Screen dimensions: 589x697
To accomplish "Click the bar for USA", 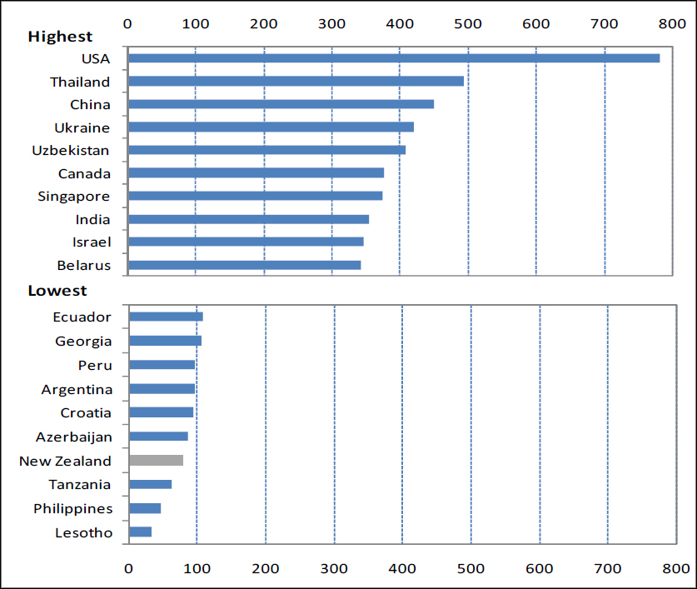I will (x=393, y=58).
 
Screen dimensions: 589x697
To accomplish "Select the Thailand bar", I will (x=296, y=81).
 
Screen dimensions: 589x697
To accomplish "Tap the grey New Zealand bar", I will (x=156, y=460).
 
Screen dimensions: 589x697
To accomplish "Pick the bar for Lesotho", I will (x=140, y=532).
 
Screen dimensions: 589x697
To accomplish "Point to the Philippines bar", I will (x=145, y=508).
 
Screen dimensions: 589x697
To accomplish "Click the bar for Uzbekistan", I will (x=266, y=150).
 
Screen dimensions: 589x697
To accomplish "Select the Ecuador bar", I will (x=166, y=317).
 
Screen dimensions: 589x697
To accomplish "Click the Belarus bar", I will (x=244, y=265).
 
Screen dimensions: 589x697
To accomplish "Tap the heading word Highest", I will (x=60, y=37).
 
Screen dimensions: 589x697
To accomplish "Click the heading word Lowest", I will (x=57, y=291).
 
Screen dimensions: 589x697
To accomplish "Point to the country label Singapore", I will (x=74, y=197).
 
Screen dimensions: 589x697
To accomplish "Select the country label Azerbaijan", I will (x=73, y=437).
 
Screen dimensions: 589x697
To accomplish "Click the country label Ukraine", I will (x=82, y=127).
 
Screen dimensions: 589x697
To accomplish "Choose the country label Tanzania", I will (x=80, y=485).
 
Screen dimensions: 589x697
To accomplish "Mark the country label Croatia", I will (x=86, y=412).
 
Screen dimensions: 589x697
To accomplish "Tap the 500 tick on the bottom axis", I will (x=470, y=568).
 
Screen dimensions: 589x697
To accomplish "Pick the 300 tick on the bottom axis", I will (x=334, y=568).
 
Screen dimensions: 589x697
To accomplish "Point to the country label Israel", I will (x=91, y=242).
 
